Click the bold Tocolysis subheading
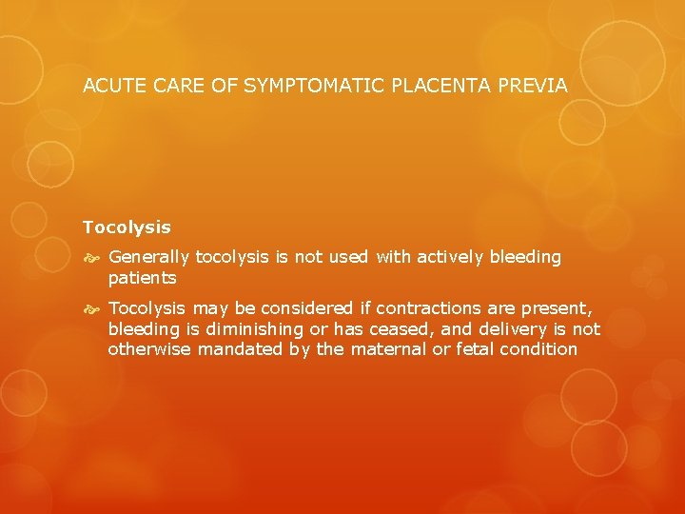(x=127, y=227)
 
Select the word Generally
(x=150, y=257)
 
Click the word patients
(x=142, y=278)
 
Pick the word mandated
(x=238, y=349)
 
